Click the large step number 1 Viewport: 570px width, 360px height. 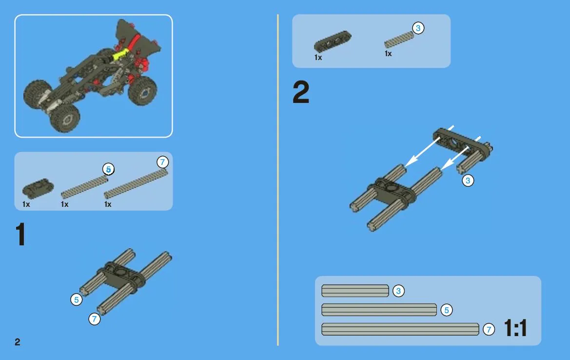coord(20,235)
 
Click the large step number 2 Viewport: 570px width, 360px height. coord(301,92)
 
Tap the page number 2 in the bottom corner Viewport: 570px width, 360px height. coord(18,342)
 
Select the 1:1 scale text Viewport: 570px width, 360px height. coord(515,328)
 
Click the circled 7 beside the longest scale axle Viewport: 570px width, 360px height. coord(489,329)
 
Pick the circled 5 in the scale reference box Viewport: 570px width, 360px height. coord(447,310)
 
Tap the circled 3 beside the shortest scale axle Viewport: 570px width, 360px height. coord(398,291)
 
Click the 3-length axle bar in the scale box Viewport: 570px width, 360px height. coord(355,291)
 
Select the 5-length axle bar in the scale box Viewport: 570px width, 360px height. coord(379,310)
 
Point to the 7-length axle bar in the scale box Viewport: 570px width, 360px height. coord(400,329)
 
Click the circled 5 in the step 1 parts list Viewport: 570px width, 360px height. coord(108,169)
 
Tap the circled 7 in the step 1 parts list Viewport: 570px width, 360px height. coord(162,162)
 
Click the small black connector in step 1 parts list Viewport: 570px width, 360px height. coord(38,188)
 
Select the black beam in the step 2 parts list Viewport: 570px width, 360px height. coord(332,40)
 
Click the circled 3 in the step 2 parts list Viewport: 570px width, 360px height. coord(418,28)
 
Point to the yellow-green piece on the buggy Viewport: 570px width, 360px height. coord(121,55)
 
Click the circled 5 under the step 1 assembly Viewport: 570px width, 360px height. coord(77,300)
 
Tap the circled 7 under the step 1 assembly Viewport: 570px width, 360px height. coord(95,319)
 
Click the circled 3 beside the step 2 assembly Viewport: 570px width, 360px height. coord(468,180)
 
